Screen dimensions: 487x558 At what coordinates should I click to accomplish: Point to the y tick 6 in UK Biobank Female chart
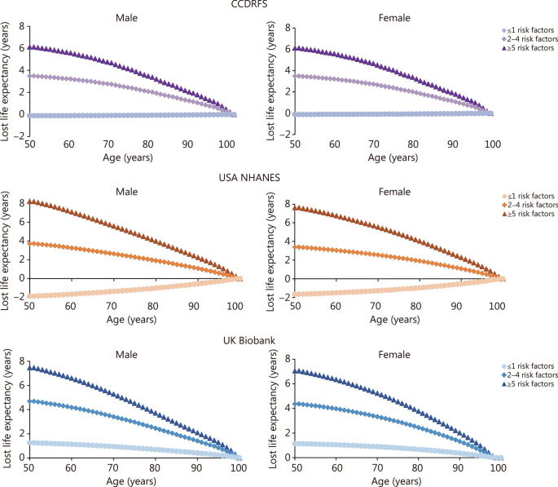(279, 387)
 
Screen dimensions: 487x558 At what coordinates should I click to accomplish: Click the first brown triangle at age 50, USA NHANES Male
(31, 201)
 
